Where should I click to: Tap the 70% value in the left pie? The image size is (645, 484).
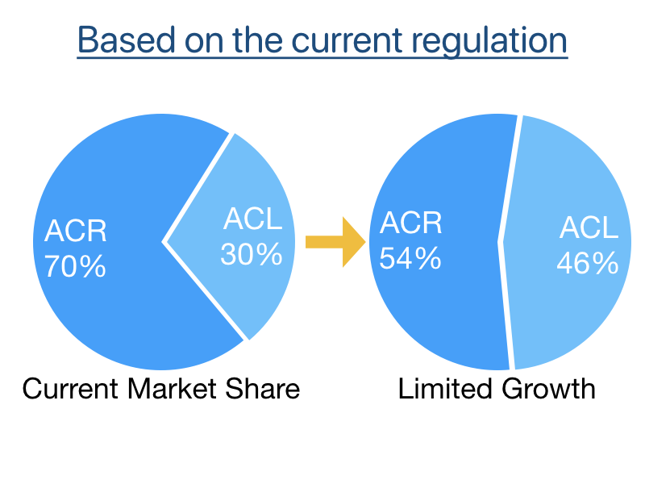75,266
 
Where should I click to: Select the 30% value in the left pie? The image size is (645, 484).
252,254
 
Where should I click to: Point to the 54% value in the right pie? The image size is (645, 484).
410,258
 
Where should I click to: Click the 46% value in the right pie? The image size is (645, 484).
587,263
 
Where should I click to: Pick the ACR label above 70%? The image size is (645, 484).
76,232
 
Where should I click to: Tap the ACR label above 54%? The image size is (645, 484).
411,223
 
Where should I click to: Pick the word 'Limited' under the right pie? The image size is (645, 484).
444,390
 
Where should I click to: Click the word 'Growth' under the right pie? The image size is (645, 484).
548,390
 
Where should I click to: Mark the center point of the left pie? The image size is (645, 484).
164,240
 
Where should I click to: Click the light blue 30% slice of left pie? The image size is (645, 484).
242,282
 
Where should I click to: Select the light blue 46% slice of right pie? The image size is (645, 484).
564,315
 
